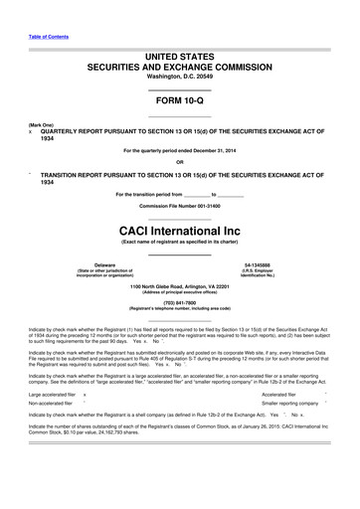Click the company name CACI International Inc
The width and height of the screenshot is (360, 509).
click(x=179, y=227)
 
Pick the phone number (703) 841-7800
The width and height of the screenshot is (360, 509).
click(x=179, y=304)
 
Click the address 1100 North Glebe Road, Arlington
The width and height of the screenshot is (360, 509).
click(x=179, y=285)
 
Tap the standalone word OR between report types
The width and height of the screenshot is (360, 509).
click(x=179, y=161)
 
